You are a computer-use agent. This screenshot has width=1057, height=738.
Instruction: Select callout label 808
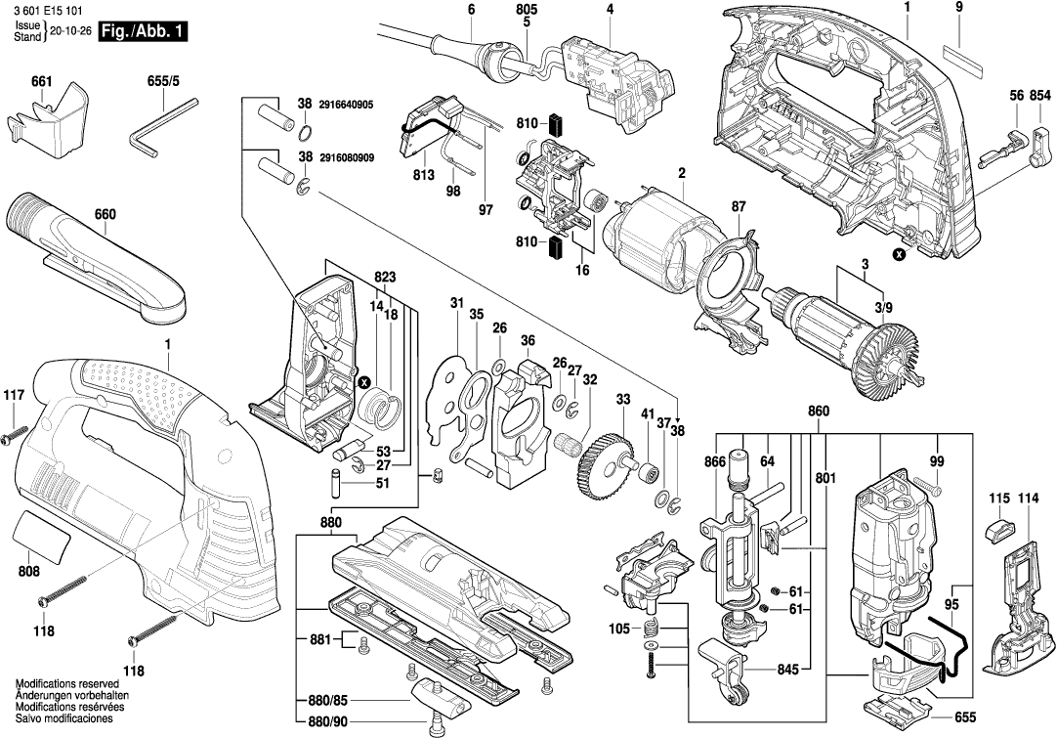(x=29, y=572)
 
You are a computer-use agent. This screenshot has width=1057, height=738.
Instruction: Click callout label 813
(x=423, y=177)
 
